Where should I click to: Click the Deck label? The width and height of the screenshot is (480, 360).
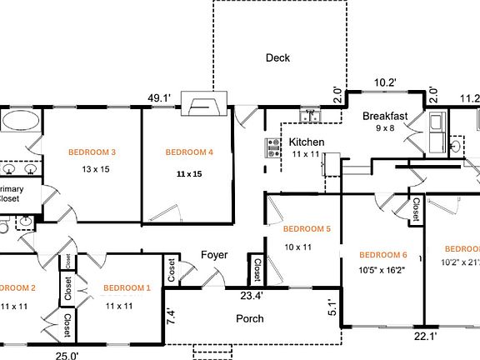(277, 57)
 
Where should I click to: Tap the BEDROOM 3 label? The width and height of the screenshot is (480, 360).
(92, 152)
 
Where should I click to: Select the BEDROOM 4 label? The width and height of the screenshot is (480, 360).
(189, 152)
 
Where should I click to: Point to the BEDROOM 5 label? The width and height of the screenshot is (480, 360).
(307, 229)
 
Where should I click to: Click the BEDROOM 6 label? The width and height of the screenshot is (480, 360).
(382, 255)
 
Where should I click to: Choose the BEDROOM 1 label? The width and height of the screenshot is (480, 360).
(127, 288)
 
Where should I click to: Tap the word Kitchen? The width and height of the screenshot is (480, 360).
(307, 142)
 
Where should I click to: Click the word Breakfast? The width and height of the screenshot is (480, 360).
(385, 116)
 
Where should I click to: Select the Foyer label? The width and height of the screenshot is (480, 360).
(215, 255)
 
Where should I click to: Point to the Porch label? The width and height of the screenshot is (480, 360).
(250, 318)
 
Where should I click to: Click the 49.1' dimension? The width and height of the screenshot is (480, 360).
(158, 98)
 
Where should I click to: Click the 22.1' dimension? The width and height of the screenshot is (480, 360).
(426, 336)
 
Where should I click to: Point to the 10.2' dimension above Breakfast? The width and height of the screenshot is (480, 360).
(385, 82)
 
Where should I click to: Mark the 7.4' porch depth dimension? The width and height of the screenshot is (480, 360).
(170, 316)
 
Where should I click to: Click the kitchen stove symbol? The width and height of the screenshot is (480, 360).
(272, 148)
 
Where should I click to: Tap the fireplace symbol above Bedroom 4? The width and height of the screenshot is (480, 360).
(202, 104)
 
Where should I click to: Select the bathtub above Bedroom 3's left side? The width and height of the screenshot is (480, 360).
(17, 122)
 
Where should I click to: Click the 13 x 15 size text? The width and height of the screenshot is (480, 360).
(96, 169)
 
